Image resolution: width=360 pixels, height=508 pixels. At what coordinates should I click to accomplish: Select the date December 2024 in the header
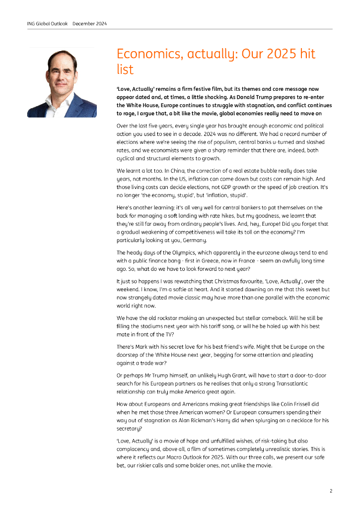pos(89,24)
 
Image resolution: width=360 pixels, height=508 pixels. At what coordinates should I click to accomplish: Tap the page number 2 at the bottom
pos(331,491)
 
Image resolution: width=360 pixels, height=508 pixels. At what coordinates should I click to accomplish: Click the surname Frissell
pos(285,404)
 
